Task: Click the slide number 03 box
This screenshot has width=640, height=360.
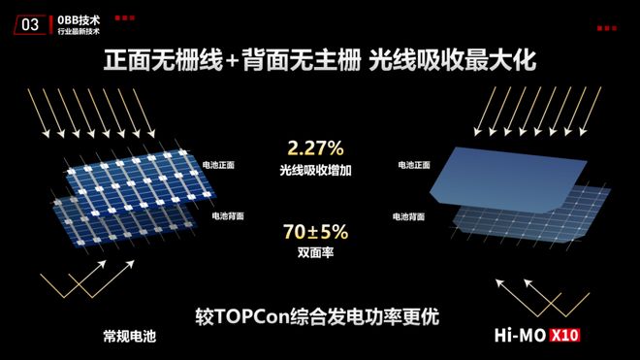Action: [x=30, y=24]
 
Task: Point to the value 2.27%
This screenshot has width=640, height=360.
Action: [x=316, y=149]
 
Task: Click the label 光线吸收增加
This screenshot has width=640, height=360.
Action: [x=317, y=170]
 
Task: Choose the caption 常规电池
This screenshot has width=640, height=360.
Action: [x=129, y=337]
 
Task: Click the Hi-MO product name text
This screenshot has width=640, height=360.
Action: [x=530, y=337]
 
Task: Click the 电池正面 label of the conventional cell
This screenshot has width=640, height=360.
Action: [x=219, y=166]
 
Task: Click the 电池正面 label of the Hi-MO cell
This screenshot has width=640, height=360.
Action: [x=414, y=166]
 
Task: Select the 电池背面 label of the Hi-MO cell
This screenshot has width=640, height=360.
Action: [x=409, y=214]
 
